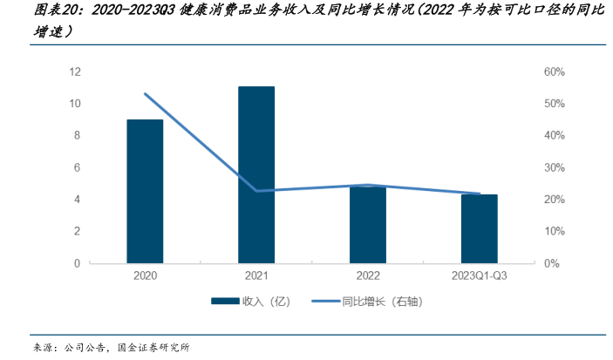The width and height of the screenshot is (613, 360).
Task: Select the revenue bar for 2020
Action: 145,191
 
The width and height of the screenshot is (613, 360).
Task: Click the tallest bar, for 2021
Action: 256,174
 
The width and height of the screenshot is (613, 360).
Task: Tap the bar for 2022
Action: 368,224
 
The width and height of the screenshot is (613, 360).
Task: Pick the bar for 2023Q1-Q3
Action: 480,228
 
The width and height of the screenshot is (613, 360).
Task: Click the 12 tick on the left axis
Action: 75,71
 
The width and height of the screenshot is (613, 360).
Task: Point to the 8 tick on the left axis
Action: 78,135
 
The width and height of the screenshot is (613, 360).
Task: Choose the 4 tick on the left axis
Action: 78,199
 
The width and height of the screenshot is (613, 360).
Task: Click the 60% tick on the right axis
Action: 555,71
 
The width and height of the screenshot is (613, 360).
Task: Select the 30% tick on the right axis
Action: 555,167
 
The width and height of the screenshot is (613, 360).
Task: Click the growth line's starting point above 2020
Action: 145,94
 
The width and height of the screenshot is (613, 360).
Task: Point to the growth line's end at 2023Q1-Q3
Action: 480,194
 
